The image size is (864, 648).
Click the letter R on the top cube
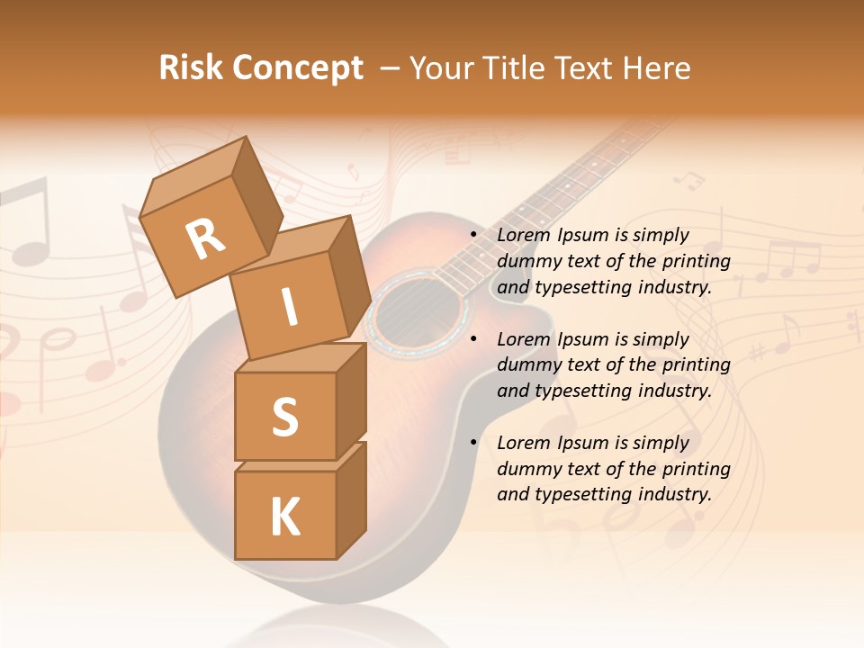tap(205, 238)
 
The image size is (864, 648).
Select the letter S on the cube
tap(284, 417)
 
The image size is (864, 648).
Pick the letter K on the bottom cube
tap(284, 517)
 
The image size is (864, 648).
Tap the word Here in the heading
tap(658, 68)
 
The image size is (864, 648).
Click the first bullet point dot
tap(473, 235)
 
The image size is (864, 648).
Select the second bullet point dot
tap(473, 339)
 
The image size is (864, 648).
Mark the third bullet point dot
tap(473, 443)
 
